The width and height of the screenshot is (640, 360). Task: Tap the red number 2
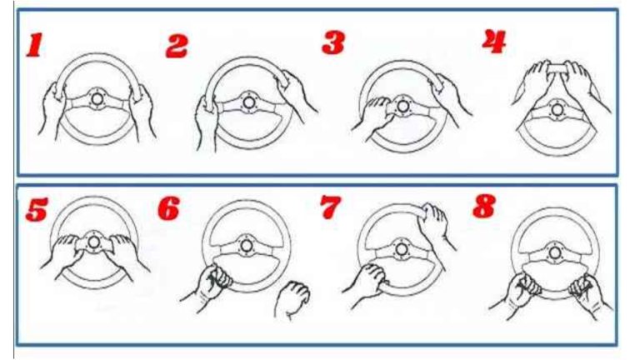[177, 46]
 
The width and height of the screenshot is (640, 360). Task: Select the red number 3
[333, 42]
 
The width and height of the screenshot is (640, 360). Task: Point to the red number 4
[494, 42]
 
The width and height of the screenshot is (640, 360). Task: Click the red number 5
[37, 209]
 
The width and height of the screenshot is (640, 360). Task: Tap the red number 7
[330, 207]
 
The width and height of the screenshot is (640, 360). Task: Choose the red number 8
[484, 206]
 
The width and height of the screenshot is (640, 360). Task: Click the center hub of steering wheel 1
[97, 99]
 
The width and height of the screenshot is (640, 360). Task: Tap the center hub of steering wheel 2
[248, 102]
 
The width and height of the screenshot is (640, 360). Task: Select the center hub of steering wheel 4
[557, 109]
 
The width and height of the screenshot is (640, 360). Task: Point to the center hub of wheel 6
[246, 246]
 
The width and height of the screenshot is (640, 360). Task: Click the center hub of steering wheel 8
[554, 252]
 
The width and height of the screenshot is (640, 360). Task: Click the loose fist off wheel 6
[292, 299]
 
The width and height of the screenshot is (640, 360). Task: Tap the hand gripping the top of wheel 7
[437, 224]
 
